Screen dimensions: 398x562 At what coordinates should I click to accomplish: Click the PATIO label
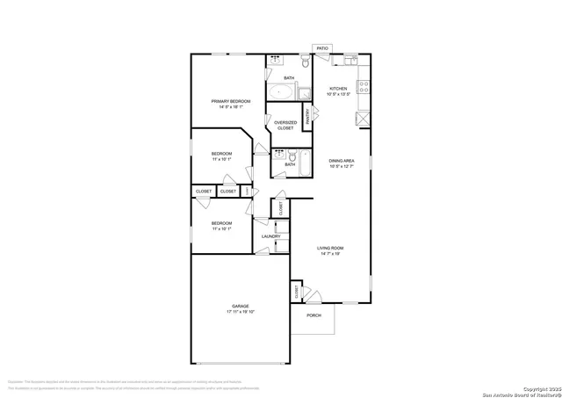click(321, 49)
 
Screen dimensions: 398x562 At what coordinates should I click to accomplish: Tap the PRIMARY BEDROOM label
click(231, 102)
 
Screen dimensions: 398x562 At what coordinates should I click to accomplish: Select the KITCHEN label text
click(338, 89)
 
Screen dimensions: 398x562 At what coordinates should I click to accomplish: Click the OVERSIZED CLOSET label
click(285, 126)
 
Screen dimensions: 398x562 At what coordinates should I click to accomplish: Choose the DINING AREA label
click(342, 161)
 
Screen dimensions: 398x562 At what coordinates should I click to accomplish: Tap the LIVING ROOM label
click(331, 249)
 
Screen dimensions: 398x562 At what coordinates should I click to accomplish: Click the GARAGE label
click(241, 306)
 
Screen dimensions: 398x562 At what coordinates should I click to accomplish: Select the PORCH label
click(313, 315)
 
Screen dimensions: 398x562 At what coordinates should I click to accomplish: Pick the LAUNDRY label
click(270, 236)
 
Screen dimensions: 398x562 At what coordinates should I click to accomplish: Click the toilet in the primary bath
click(305, 62)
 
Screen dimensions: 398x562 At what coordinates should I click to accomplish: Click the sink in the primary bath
click(275, 61)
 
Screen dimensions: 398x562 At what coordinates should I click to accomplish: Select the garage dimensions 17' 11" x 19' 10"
click(241, 312)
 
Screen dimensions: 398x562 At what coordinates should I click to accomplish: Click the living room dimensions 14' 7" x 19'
click(331, 255)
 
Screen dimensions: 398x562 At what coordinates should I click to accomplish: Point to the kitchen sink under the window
click(350, 61)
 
